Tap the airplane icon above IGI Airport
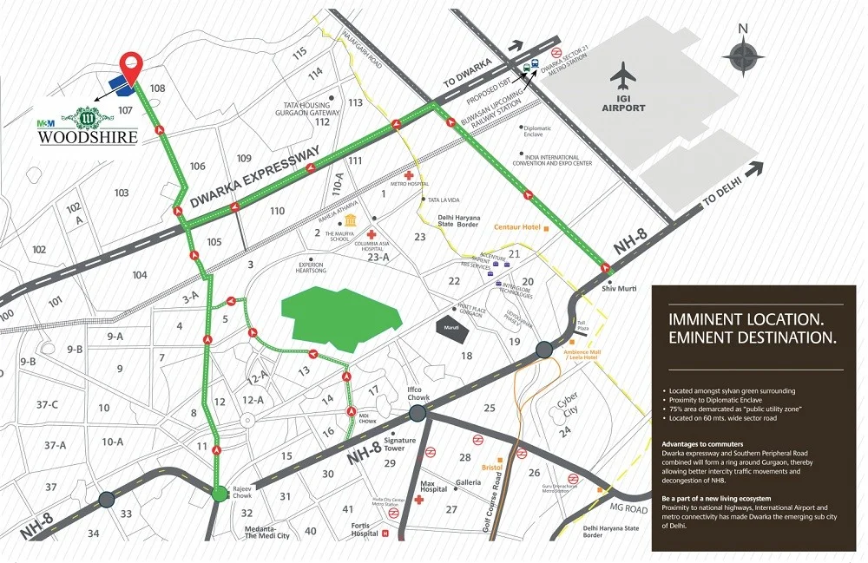click(x=623, y=76)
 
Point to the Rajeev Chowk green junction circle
click(x=219, y=494)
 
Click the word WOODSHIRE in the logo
click(x=88, y=137)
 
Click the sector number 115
click(x=300, y=53)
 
